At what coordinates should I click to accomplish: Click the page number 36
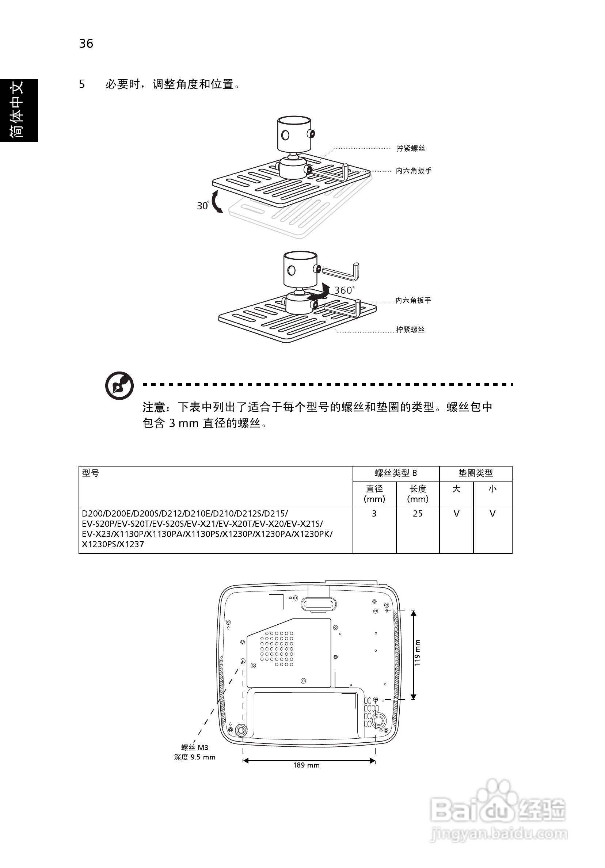pos(86,44)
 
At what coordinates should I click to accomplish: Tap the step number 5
pos(82,84)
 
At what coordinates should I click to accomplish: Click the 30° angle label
pos(203,206)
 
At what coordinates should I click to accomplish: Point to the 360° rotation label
pos(344,290)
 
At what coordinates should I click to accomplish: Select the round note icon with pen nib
pos(119,386)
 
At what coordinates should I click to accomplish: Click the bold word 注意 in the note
pos(154,407)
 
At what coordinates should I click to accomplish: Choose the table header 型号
pos(90,473)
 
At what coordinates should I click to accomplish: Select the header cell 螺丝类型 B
pos(396,473)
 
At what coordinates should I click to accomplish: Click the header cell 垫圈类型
pos(475,473)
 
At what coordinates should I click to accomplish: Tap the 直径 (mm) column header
pos(374,494)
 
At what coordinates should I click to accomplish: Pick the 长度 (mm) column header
pos(418,494)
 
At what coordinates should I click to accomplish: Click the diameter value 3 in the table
pos(374,514)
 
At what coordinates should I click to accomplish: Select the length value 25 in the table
pos(418,514)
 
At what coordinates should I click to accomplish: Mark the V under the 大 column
pos(456,514)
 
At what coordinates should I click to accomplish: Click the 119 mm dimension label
pos(417,653)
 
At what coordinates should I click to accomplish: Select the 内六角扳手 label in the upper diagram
pos(414,171)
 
